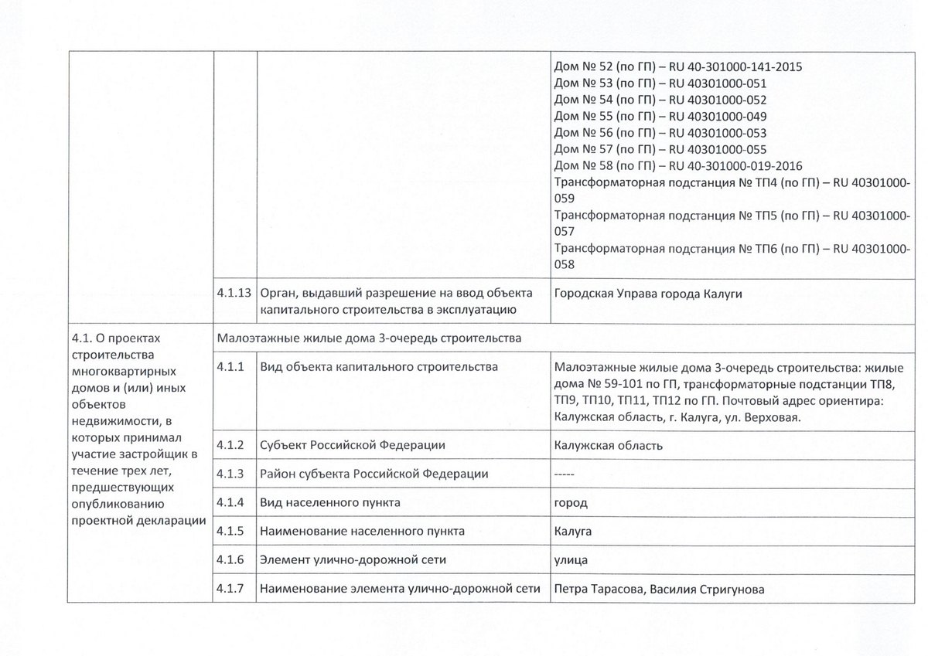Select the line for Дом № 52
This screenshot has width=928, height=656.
[x=678, y=66]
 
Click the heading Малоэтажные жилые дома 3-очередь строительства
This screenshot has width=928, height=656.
[x=369, y=338]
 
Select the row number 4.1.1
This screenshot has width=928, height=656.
[x=230, y=367]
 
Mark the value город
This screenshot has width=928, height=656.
[x=571, y=503]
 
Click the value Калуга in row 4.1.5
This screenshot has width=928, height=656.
[x=573, y=532]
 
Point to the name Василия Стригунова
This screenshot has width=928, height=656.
[x=708, y=590]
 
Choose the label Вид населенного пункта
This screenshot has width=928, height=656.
[x=330, y=503]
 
